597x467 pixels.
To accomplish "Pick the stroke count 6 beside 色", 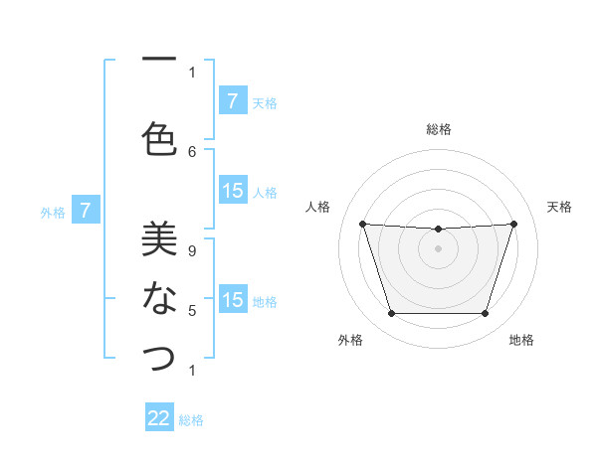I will [x=192, y=151].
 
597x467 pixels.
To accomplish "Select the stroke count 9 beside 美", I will [x=192, y=250].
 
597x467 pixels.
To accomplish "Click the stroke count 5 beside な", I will [x=192, y=311].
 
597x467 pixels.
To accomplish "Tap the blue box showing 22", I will [x=159, y=418].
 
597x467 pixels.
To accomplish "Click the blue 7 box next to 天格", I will [x=232, y=101].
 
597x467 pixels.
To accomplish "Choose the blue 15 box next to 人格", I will [x=232, y=191].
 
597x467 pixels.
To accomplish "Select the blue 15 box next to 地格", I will [x=232, y=300].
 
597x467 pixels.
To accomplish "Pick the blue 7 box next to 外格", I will [x=86, y=211].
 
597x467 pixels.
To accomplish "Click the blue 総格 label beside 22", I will [x=191, y=420].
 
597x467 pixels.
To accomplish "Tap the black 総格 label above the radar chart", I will [x=438, y=129].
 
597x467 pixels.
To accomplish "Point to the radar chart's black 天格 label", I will [x=559, y=207].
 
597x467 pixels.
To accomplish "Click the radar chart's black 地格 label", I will [x=521, y=340].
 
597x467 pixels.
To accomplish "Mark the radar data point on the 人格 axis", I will [x=362, y=225].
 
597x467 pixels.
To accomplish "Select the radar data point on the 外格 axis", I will [x=391, y=314].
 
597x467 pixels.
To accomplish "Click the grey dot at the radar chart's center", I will [x=438, y=248].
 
